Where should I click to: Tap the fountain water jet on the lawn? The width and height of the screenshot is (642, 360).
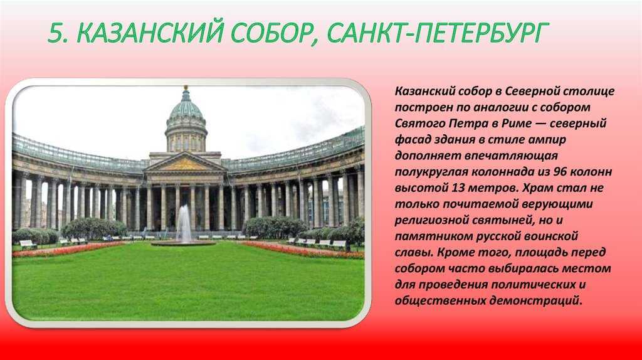pyautogui.click(x=184, y=223)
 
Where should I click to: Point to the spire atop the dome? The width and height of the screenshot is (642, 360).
pyautogui.click(x=186, y=92)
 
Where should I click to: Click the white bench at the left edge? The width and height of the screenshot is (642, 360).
pyautogui.click(x=28, y=244)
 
